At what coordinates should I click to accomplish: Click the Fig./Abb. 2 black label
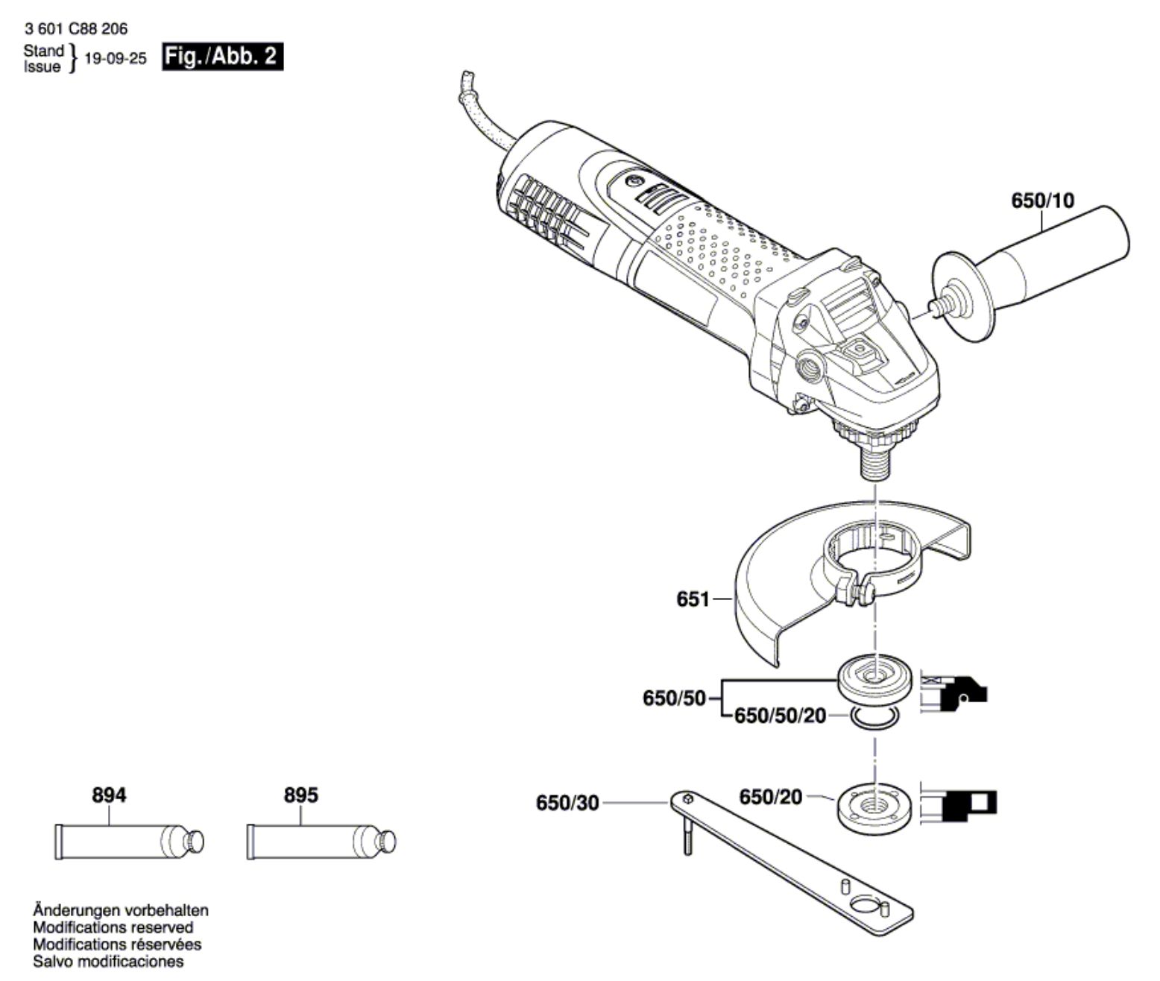click(x=223, y=57)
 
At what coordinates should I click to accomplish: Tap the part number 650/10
click(x=1042, y=201)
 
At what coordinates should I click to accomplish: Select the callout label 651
click(x=693, y=599)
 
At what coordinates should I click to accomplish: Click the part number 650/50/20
click(x=781, y=716)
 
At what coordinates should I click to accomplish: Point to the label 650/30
click(x=567, y=804)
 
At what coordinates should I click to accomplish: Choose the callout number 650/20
click(x=770, y=797)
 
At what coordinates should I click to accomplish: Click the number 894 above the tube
click(x=109, y=795)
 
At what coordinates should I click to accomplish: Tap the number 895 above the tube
click(x=301, y=795)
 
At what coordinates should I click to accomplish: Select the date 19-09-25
click(x=116, y=59)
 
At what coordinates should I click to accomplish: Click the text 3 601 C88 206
click(x=75, y=29)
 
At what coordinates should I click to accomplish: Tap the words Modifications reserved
click(x=113, y=927)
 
